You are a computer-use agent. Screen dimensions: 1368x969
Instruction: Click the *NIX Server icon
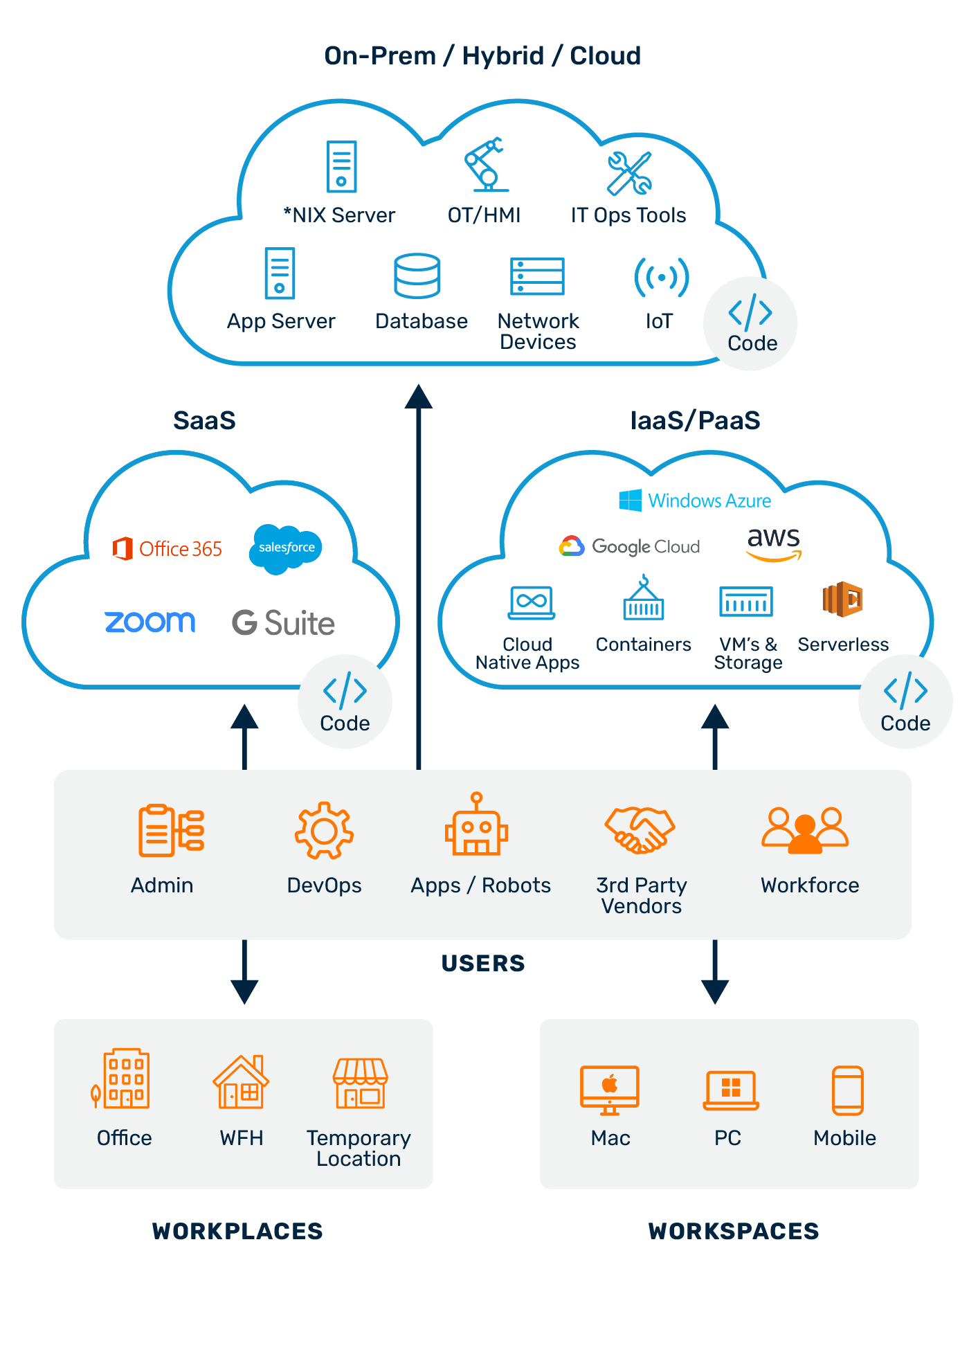click(341, 166)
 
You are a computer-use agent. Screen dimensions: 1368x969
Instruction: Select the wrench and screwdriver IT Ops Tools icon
click(629, 173)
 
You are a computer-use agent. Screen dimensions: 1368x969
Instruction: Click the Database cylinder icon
click(417, 276)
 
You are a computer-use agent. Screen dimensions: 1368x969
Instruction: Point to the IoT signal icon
click(661, 278)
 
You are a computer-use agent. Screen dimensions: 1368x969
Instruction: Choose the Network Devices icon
click(537, 276)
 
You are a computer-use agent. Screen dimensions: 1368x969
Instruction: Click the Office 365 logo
click(167, 549)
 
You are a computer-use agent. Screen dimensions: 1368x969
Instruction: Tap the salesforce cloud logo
click(286, 548)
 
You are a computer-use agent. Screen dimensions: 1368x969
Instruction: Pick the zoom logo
click(150, 622)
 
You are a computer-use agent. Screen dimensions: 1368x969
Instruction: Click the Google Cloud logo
click(629, 546)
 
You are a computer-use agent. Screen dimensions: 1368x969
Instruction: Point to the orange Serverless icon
click(842, 599)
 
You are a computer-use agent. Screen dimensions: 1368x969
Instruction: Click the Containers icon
click(644, 598)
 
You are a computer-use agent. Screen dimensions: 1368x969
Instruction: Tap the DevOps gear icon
click(324, 830)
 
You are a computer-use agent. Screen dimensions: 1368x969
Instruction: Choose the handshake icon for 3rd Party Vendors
click(640, 829)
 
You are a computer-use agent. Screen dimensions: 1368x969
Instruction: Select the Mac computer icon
click(609, 1090)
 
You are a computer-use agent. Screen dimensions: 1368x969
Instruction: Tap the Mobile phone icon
click(847, 1090)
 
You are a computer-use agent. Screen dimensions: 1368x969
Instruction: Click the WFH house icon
click(241, 1082)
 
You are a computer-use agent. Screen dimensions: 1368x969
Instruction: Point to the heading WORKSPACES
click(734, 1232)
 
